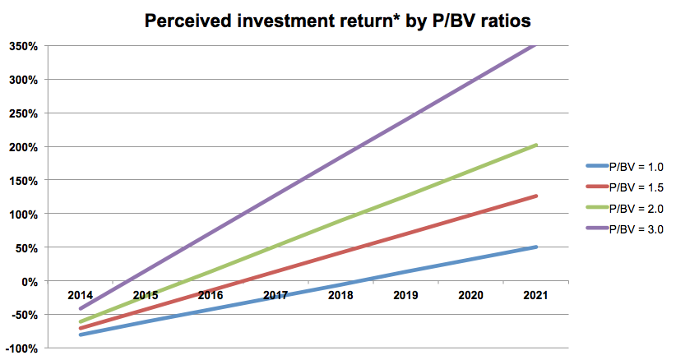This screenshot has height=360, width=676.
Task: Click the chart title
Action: coord(337,21)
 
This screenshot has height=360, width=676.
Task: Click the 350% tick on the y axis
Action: coord(24,46)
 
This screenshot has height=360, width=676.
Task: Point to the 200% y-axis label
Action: coord(24,147)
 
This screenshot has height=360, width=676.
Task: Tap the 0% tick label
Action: coord(30,281)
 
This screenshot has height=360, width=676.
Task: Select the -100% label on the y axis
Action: coord(21,348)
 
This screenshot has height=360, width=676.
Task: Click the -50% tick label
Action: coord(25,315)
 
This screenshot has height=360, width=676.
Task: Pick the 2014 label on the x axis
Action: coord(80,294)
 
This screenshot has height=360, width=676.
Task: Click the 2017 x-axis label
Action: coord(275,294)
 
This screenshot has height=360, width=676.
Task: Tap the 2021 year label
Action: coord(535,294)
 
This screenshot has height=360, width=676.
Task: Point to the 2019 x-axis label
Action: coord(405,294)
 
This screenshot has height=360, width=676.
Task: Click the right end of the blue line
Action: coord(535,247)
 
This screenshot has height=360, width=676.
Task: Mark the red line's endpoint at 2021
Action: coord(535,196)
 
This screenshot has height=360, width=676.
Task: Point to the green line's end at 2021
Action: coord(535,145)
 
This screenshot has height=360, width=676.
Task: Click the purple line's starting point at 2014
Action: coord(81,308)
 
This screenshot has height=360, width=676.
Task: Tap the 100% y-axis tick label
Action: coord(24,215)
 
